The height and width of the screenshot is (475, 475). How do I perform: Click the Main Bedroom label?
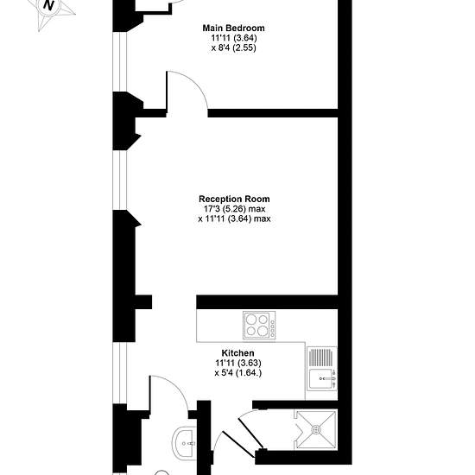233,28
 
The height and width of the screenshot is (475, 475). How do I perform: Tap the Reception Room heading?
234,199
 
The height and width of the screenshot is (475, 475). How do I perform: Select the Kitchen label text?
237,353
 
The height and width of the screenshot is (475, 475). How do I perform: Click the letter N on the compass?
48,5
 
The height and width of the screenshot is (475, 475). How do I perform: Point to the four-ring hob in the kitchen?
259,325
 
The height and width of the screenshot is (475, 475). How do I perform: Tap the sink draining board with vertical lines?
321,357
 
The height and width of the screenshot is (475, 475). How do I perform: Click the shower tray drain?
316,429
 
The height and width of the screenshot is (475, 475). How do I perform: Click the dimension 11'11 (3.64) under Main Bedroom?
234,38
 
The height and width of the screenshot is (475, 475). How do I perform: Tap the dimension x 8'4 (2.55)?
233,47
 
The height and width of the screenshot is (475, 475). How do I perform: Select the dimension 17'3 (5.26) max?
234,209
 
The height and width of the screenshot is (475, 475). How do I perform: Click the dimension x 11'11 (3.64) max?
234,218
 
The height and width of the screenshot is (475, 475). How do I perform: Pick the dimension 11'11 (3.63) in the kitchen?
238,363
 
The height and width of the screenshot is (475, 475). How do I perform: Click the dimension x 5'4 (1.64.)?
238,372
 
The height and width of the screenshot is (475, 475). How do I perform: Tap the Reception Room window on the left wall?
120,180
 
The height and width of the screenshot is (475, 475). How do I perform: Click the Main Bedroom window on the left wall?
120,61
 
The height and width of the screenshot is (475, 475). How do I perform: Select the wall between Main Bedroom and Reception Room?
273,113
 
